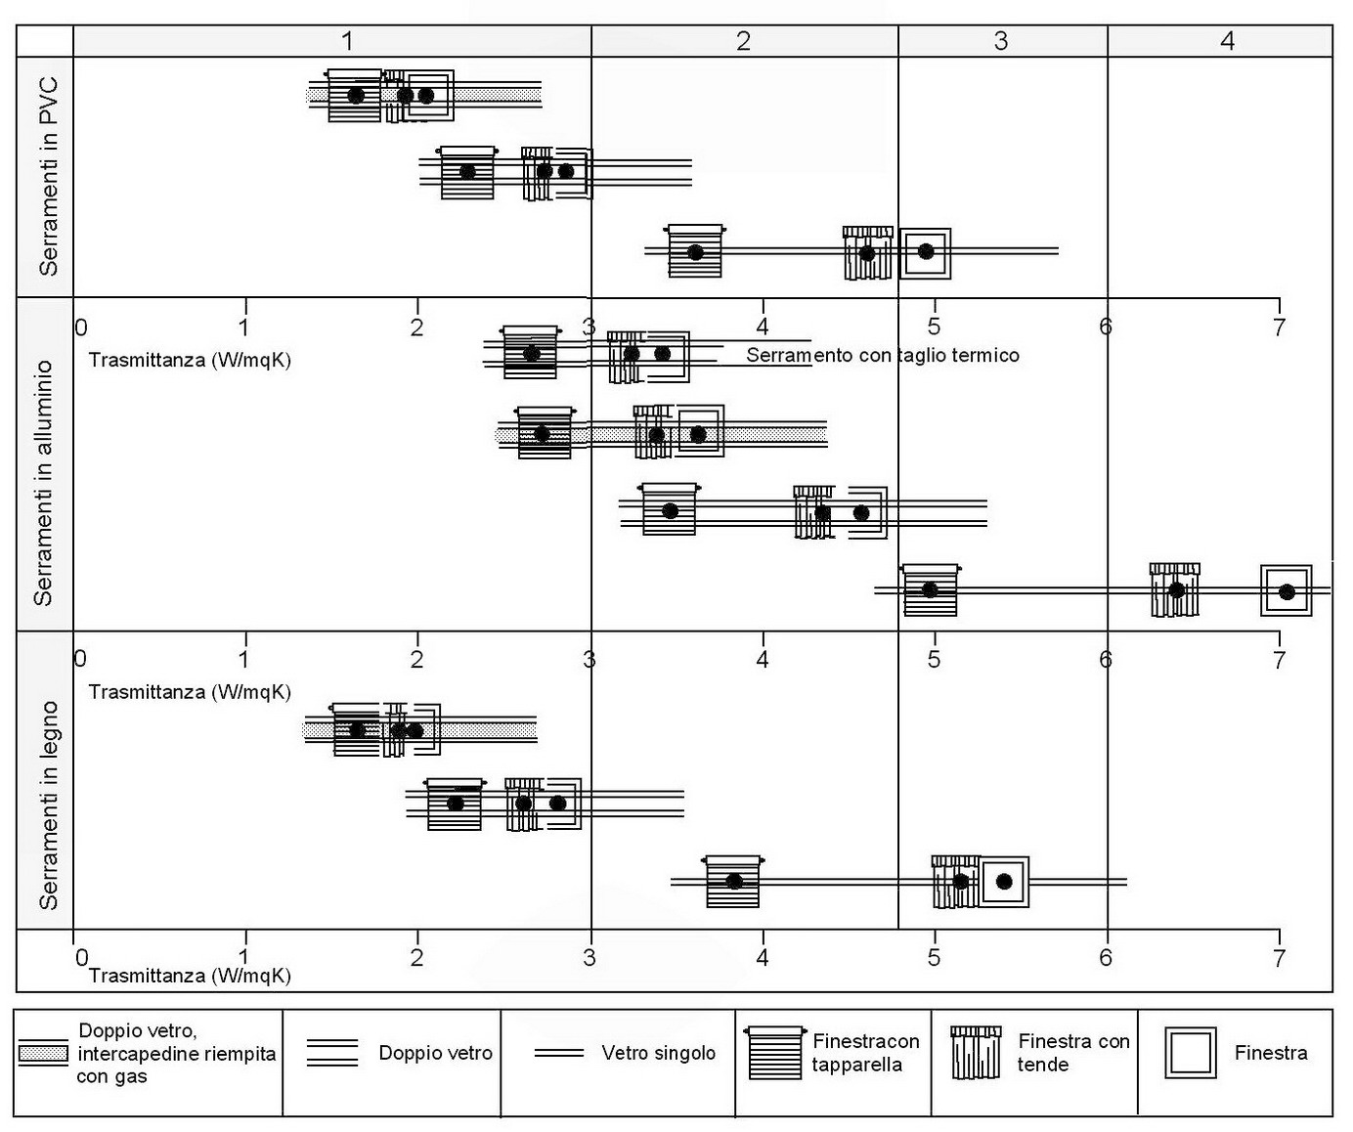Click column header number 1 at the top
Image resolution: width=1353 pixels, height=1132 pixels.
pyautogui.click(x=347, y=41)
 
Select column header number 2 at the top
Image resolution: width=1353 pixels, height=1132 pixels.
pyautogui.click(x=744, y=41)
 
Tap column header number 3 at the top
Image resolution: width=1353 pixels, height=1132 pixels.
pyautogui.click(x=1001, y=41)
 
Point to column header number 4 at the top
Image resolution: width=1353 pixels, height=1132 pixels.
pyautogui.click(x=1228, y=41)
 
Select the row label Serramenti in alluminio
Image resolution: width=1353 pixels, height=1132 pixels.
pyautogui.click(x=44, y=483)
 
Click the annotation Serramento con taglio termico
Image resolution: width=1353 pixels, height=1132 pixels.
pyautogui.click(x=882, y=356)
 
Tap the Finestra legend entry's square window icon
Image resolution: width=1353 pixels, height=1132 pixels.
pyautogui.click(x=1190, y=1053)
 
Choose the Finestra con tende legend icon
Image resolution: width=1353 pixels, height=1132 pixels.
pyautogui.click(x=976, y=1053)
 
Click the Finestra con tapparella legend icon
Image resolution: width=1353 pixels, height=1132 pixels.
pyautogui.click(x=774, y=1053)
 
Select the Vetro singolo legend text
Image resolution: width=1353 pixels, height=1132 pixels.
pyautogui.click(x=658, y=1053)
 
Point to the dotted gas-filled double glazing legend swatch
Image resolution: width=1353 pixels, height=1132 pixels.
pyautogui.click(x=44, y=1054)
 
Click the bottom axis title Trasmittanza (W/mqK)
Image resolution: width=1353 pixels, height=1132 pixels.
pyautogui.click(x=190, y=975)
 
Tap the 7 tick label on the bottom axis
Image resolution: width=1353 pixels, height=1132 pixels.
pyautogui.click(x=1278, y=957)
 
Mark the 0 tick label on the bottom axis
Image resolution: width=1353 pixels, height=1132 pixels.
pyautogui.click(x=81, y=957)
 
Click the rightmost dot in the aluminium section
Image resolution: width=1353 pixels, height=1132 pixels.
pyautogui.click(x=1287, y=592)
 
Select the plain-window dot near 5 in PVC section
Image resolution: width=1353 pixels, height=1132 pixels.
pyautogui.click(x=926, y=252)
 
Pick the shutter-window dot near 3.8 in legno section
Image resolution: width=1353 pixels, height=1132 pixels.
pyautogui.click(x=734, y=881)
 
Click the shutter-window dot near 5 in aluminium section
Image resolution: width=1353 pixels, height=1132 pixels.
pyautogui.click(x=930, y=589)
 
